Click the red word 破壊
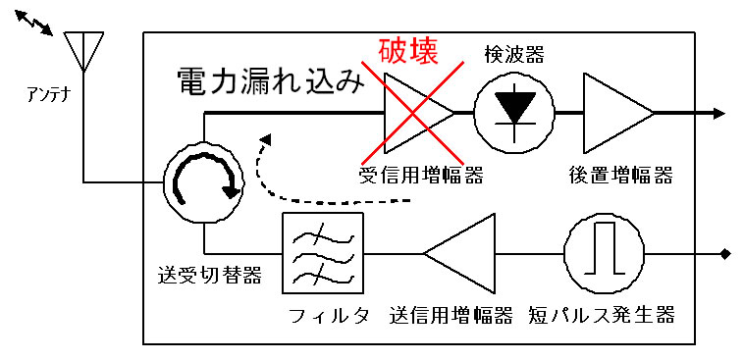tap(407, 51)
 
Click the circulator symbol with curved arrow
tap(205, 182)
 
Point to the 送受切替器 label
tap(209, 277)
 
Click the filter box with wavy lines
tap(323, 253)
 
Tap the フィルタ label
tap(330, 315)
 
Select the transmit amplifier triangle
tap(458, 253)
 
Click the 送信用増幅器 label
tap(451, 315)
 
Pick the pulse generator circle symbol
tap(604, 253)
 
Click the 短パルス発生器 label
tap(602, 315)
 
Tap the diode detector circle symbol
tap(515, 114)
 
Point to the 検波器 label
tap(514, 55)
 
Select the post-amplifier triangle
tap(618, 114)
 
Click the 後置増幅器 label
tap(620, 177)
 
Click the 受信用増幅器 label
tap(422, 177)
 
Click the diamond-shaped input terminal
tap(724, 254)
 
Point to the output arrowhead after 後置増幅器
tap(719, 114)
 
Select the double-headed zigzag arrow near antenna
tap(33, 23)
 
